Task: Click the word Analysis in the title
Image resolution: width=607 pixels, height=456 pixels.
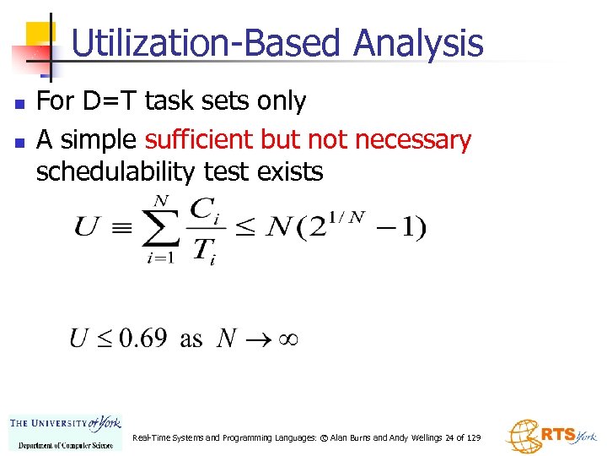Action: [x=418, y=44]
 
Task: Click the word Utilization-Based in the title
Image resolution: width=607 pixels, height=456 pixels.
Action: [x=208, y=44]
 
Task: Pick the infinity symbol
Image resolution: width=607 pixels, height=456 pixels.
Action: [x=284, y=339]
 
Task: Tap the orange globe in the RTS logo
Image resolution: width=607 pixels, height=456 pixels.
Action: [x=522, y=436]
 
